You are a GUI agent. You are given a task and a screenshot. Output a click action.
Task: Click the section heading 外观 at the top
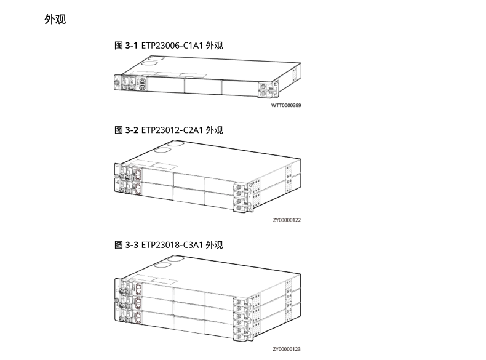[x=55, y=19]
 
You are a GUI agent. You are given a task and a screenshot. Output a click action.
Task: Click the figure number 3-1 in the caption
[x=132, y=46]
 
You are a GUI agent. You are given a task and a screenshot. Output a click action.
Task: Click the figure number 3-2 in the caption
[x=132, y=130]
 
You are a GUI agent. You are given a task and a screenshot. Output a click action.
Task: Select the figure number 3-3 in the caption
[x=132, y=245]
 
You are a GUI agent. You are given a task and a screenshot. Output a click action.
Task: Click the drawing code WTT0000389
[x=286, y=105]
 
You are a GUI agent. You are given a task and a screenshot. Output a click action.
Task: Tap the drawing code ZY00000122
[x=287, y=220]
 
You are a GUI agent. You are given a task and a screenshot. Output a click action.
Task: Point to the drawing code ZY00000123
[x=287, y=349]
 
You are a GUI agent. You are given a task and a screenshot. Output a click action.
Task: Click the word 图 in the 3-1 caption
[x=119, y=46]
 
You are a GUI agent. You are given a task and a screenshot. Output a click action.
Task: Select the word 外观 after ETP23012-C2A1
[x=214, y=130]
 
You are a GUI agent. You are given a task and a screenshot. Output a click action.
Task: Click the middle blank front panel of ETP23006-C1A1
[x=203, y=86]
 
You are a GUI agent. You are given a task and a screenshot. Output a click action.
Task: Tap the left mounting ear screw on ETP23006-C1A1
[x=117, y=83]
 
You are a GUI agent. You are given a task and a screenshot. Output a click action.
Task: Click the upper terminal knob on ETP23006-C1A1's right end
[x=263, y=86]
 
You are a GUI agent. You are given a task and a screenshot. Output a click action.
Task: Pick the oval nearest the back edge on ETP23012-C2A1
[x=175, y=143]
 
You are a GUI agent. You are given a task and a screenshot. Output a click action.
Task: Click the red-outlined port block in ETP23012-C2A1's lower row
[x=137, y=188]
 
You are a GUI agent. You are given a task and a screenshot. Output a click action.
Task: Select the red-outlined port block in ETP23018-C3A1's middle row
[x=137, y=303]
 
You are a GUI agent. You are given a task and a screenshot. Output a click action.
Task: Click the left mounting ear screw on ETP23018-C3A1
[x=116, y=300]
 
